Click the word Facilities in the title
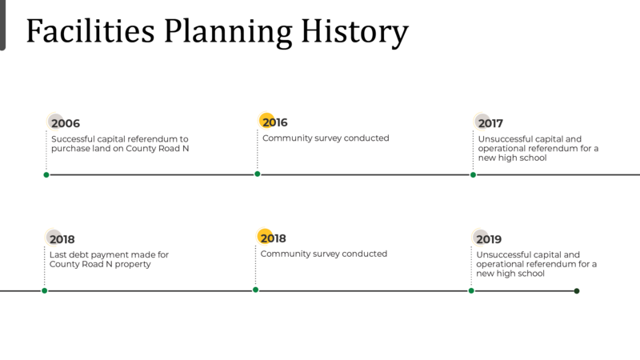(90, 31)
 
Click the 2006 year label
(66, 123)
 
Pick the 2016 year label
(274, 122)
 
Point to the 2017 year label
(490, 123)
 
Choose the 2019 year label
(489, 239)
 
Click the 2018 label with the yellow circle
(273, 238)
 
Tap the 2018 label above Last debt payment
(62, 239)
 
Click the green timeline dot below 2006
(46, 174)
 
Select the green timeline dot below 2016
(257, 174)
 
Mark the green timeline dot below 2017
(473, 174)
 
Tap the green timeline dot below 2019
(471, 290)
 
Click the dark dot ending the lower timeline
(577, 291)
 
